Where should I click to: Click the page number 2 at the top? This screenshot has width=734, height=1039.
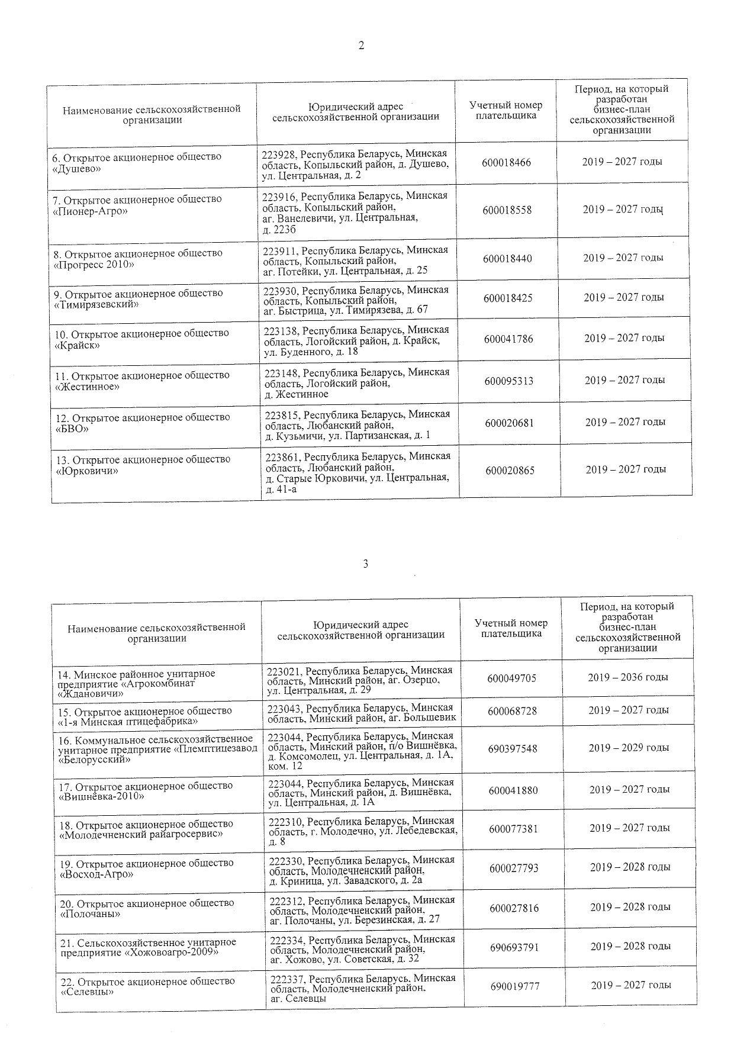pos(361,46)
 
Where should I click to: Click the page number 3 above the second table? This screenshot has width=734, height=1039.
pos(365,564)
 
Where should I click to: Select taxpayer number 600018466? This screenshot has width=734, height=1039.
pos(507,162)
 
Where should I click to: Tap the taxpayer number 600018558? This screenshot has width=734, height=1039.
pos(507,210)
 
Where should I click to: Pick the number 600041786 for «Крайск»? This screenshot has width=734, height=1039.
pos(508,339)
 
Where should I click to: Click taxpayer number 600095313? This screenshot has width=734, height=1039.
pos(509,381)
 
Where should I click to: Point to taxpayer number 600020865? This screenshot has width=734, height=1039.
pos(510,471)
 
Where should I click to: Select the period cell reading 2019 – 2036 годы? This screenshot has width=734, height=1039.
pos(628,677)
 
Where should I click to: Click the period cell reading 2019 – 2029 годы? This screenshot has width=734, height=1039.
pos(629,748)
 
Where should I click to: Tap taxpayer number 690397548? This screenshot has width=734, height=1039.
pos(513,749)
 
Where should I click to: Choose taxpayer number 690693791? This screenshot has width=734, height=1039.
pos(514,947)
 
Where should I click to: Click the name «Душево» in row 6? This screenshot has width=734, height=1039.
pos(77,169)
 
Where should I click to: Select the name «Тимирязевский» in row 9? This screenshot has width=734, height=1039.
pos(96,304)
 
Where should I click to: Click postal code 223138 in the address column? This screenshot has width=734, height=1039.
pos(281,330)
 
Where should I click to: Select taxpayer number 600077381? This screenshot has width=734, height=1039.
pos(513,829)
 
